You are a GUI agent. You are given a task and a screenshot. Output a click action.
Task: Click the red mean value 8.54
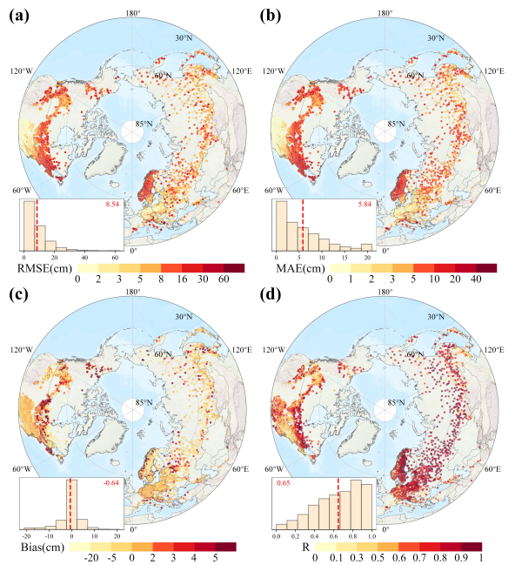pyautogui.click(x=112, y=205)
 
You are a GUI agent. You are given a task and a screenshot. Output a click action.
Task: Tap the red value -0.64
pyautogui.click(x=112, y=483)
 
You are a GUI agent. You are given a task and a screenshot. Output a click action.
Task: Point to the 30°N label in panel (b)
pyautogui.click(x=434, y=37)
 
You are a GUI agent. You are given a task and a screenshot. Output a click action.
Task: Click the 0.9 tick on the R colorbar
pyautogui.click(x=464, y=557)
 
